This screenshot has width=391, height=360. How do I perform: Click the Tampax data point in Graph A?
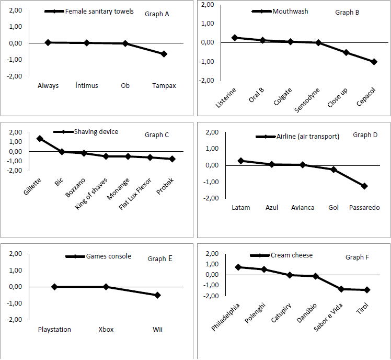(x=164, y=54)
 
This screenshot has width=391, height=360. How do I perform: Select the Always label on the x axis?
(x=48, y=86)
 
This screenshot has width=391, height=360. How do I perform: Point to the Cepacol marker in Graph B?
(x=374, y=62)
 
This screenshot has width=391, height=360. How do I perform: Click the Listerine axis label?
(x=226, y=97)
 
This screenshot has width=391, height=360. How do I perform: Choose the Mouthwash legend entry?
(x=290, y=11)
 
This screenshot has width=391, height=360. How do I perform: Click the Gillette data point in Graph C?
(x=40, y=139)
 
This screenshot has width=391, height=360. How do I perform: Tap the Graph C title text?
(x=157, y=135)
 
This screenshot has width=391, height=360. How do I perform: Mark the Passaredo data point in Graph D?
(x=364, y=186)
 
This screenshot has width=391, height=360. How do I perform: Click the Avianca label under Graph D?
(x=303, y=208)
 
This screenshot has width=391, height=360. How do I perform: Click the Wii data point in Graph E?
(x=157, y=295)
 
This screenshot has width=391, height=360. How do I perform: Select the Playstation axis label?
(x=54, y=330)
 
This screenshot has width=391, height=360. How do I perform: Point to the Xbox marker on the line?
(x=106, y=287)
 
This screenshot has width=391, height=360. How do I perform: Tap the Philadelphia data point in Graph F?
(x=238, y=267)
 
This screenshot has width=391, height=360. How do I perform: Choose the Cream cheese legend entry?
(x=292, y=255)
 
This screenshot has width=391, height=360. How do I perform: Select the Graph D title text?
(x=365, y=135)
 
